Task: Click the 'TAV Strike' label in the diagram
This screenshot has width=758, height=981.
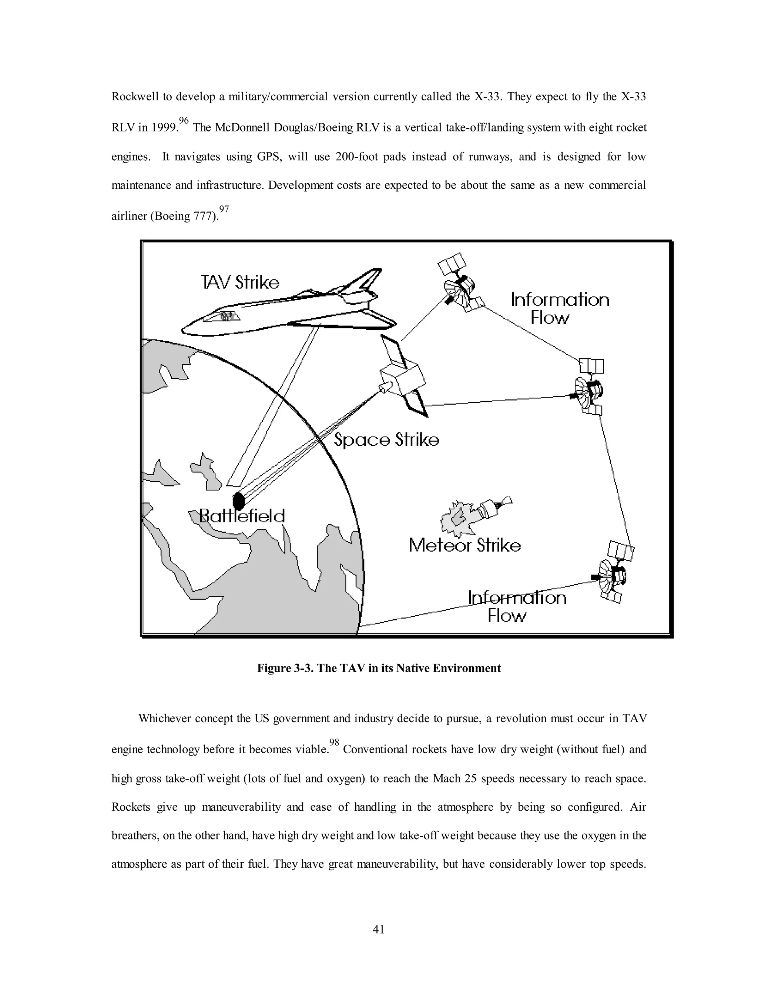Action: point(240,282)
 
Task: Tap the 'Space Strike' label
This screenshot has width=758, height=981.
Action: point(386,439)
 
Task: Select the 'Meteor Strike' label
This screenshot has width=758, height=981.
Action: point(464,545)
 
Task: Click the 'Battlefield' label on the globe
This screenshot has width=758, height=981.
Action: point(242,516)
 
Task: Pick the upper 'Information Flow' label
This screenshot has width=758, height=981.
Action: point(560,309)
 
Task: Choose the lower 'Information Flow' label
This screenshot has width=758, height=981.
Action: point(516,606)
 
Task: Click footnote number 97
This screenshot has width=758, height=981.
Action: point(224,209)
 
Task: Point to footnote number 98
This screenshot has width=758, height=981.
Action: point(334,741)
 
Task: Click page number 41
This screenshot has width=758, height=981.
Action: point(379,929)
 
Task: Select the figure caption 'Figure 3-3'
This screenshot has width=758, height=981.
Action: point(379,668)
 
